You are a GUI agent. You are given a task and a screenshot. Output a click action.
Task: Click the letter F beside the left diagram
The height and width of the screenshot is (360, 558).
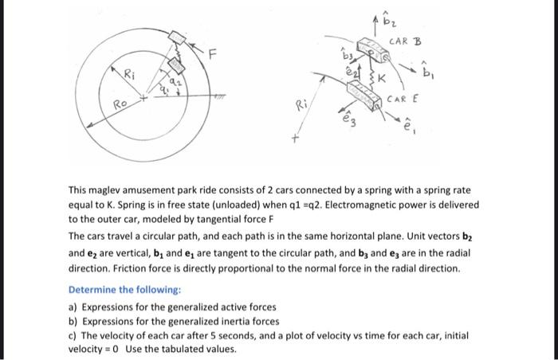point(212,54)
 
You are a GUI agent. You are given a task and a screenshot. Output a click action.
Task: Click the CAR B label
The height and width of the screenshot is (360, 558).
point(406,41)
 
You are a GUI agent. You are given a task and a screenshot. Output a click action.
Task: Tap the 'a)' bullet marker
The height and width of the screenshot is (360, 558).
point(73,307)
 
